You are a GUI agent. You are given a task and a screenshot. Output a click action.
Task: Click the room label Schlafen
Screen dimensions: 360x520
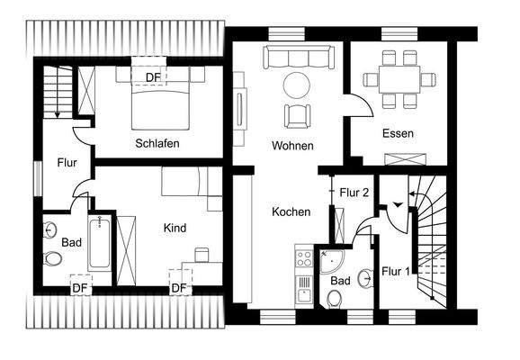pyautogui.click(x=157, y=143)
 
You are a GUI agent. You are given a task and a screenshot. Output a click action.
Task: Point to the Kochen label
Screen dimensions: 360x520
pyautogui.click(x=291, y=212)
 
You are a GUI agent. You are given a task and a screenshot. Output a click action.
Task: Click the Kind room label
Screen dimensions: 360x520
pyautogui.click(x=175, y=229)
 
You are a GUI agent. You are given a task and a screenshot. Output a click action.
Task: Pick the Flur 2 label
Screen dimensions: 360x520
pyautogui.click(x=354, y=192)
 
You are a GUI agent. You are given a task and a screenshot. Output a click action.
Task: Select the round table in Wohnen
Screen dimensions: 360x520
pyautogui.click(x=297, y=85)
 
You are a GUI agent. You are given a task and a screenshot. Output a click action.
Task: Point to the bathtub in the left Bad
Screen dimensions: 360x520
pyautogui.click(x=100, y=242)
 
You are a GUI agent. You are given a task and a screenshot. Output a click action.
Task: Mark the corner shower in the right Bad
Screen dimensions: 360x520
pyautogui.click(x=331, y=260)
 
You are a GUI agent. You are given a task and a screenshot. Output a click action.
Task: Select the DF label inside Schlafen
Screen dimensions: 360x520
pyautogui.click(x=154, y=77)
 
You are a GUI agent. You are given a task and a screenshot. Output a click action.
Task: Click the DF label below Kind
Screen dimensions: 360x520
pyautogui.click(x=178, y=287)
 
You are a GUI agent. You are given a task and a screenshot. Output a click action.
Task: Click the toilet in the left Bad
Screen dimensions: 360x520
pyautogui.click(x=53, y=260)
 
